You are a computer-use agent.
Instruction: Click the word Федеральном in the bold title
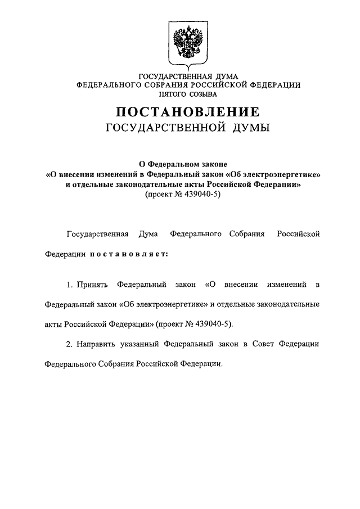[x=181, y=165]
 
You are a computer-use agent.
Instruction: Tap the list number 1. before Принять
[x=70, y=285]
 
